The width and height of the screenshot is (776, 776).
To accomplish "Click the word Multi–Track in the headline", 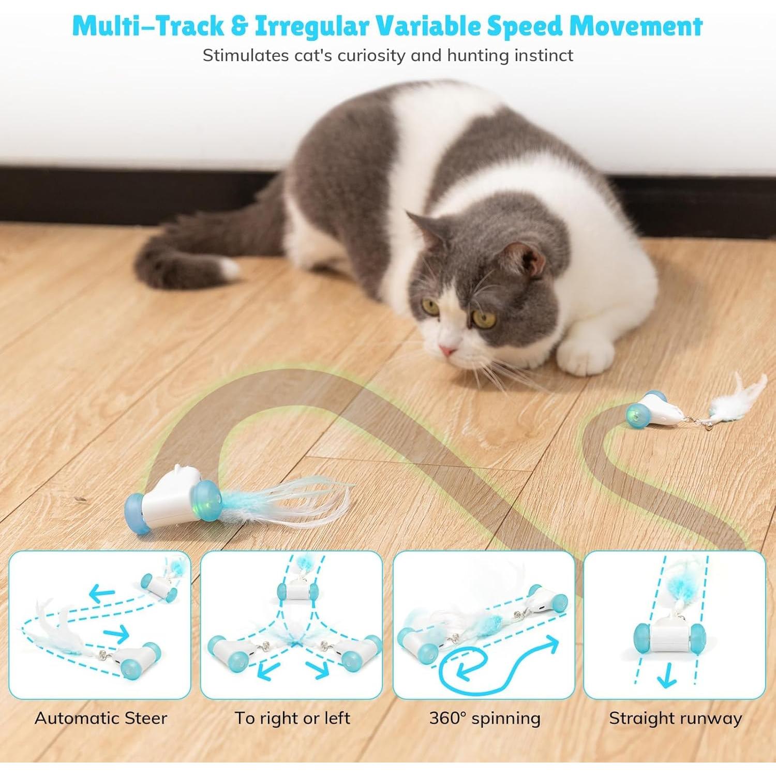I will tap(147, 26).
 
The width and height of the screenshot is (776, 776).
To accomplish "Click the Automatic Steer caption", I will tap(101, 718).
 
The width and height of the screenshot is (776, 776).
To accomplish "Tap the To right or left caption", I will tap(292, 718).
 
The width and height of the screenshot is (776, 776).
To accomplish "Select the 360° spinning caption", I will tap(485, 718).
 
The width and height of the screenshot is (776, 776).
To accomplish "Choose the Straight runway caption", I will tap(675, 718).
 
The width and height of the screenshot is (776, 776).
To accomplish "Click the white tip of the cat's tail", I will tap(228, 267).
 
